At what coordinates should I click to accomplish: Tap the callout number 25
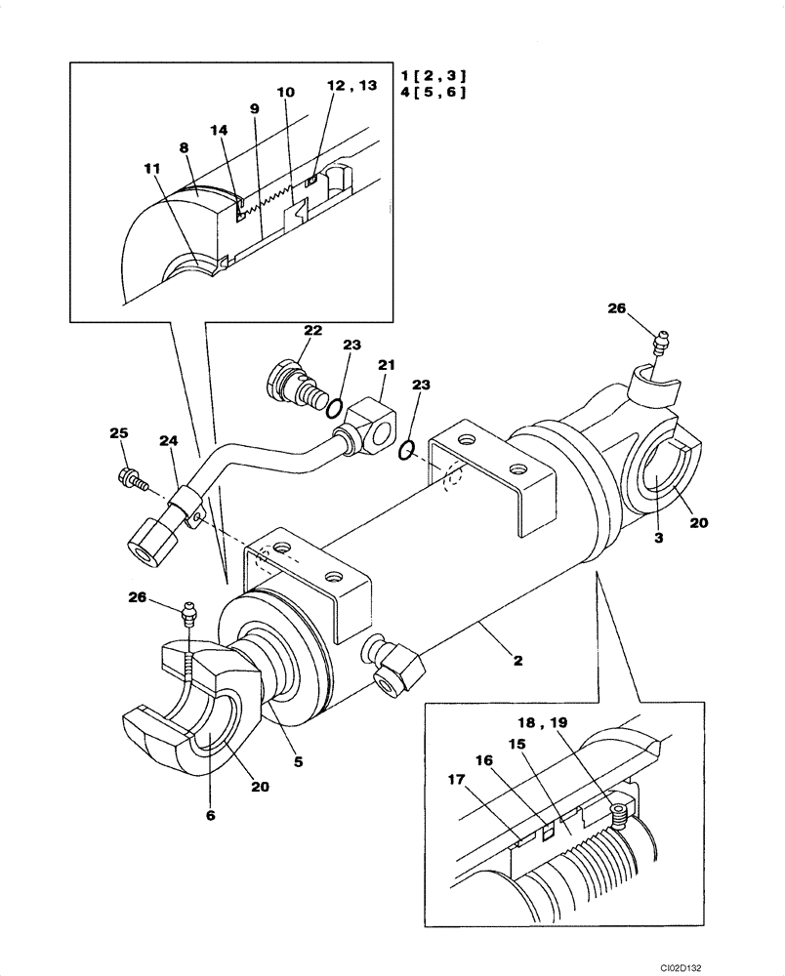tap(119, 432)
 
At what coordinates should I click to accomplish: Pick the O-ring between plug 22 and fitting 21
tap(333, 407)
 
